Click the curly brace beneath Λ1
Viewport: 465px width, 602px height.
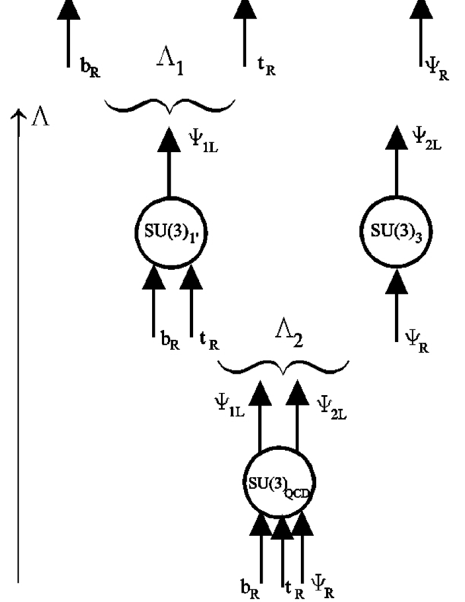170,105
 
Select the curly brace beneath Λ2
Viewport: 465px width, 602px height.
283,366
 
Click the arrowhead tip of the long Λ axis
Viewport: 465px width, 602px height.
20,112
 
